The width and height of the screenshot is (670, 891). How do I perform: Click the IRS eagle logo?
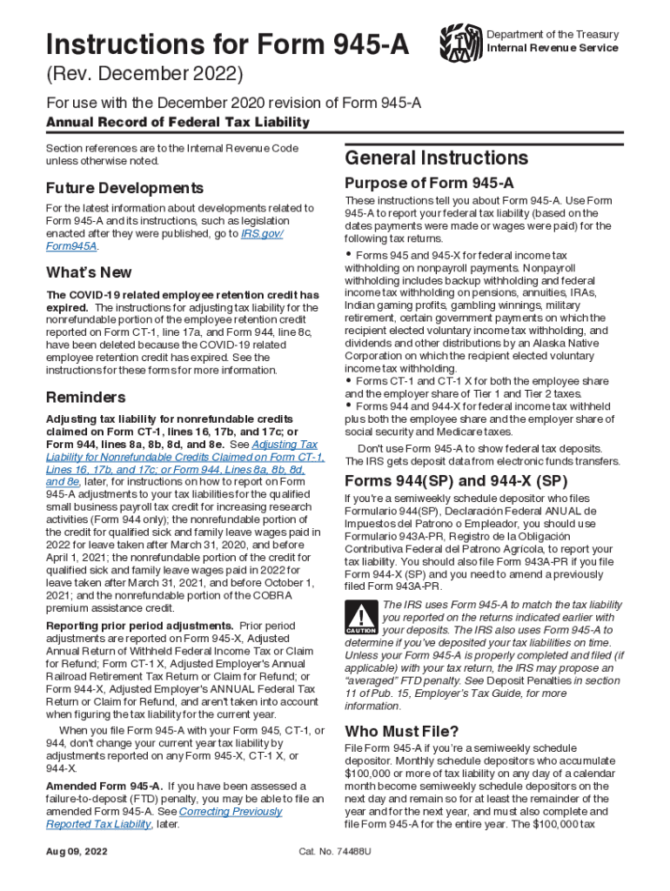tap(459, 42)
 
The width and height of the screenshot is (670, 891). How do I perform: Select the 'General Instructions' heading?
tap(436, 157)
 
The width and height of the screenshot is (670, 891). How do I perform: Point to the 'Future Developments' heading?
tap(124, 188)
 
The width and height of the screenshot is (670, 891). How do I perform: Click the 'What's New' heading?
tap(89, 272)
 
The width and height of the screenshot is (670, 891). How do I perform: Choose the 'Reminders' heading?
tap(85, 398)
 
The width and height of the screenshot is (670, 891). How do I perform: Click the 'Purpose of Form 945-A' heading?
tap(429, 184)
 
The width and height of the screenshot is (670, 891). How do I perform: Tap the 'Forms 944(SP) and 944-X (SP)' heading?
tap(456, 481)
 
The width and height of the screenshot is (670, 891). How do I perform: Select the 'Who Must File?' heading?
tap(401, 730)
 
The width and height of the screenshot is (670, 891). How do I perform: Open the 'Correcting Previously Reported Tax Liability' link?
tap(164, 818)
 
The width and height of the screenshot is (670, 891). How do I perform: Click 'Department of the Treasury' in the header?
tap(553, 35)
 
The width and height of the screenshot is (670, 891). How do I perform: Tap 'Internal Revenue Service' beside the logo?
tap(553, 48)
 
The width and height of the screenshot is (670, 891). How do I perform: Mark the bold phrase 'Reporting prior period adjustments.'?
tap(139, 626)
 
